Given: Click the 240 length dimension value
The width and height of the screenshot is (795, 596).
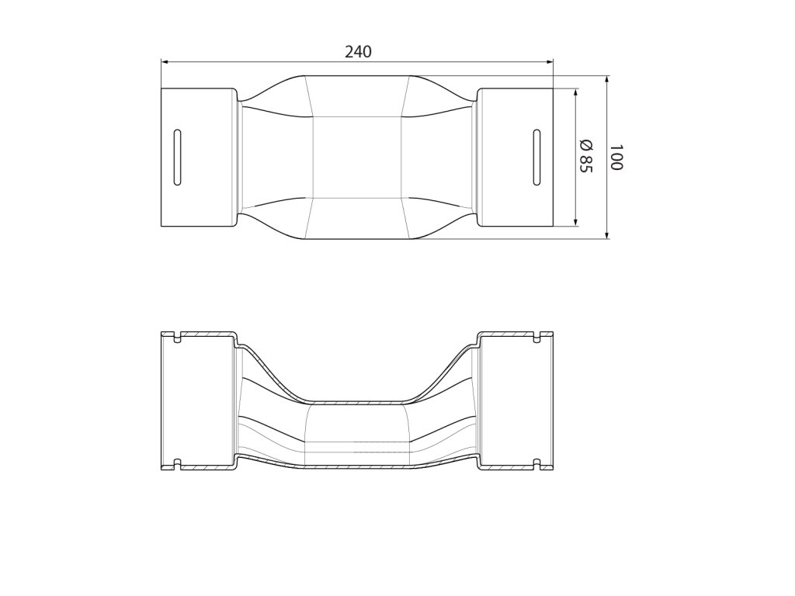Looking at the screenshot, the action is (358, 52).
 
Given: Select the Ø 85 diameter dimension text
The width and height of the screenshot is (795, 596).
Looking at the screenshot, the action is (585, 155).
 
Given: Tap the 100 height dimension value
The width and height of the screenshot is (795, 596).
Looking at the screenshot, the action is (616, 157).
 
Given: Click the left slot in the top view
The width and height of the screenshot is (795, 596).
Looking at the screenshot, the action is (177, 157).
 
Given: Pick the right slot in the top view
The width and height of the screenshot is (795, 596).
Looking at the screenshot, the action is (536, 157).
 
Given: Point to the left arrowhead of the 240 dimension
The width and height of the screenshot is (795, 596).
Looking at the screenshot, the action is (165, 62).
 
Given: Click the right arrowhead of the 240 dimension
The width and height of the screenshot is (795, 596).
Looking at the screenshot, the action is (549, 62).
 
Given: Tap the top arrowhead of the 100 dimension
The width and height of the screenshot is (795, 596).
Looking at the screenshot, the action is (607, 81).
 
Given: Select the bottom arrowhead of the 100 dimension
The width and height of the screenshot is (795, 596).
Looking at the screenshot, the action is (607, 234).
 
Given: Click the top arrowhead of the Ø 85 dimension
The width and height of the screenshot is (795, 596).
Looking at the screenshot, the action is (576, 93).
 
